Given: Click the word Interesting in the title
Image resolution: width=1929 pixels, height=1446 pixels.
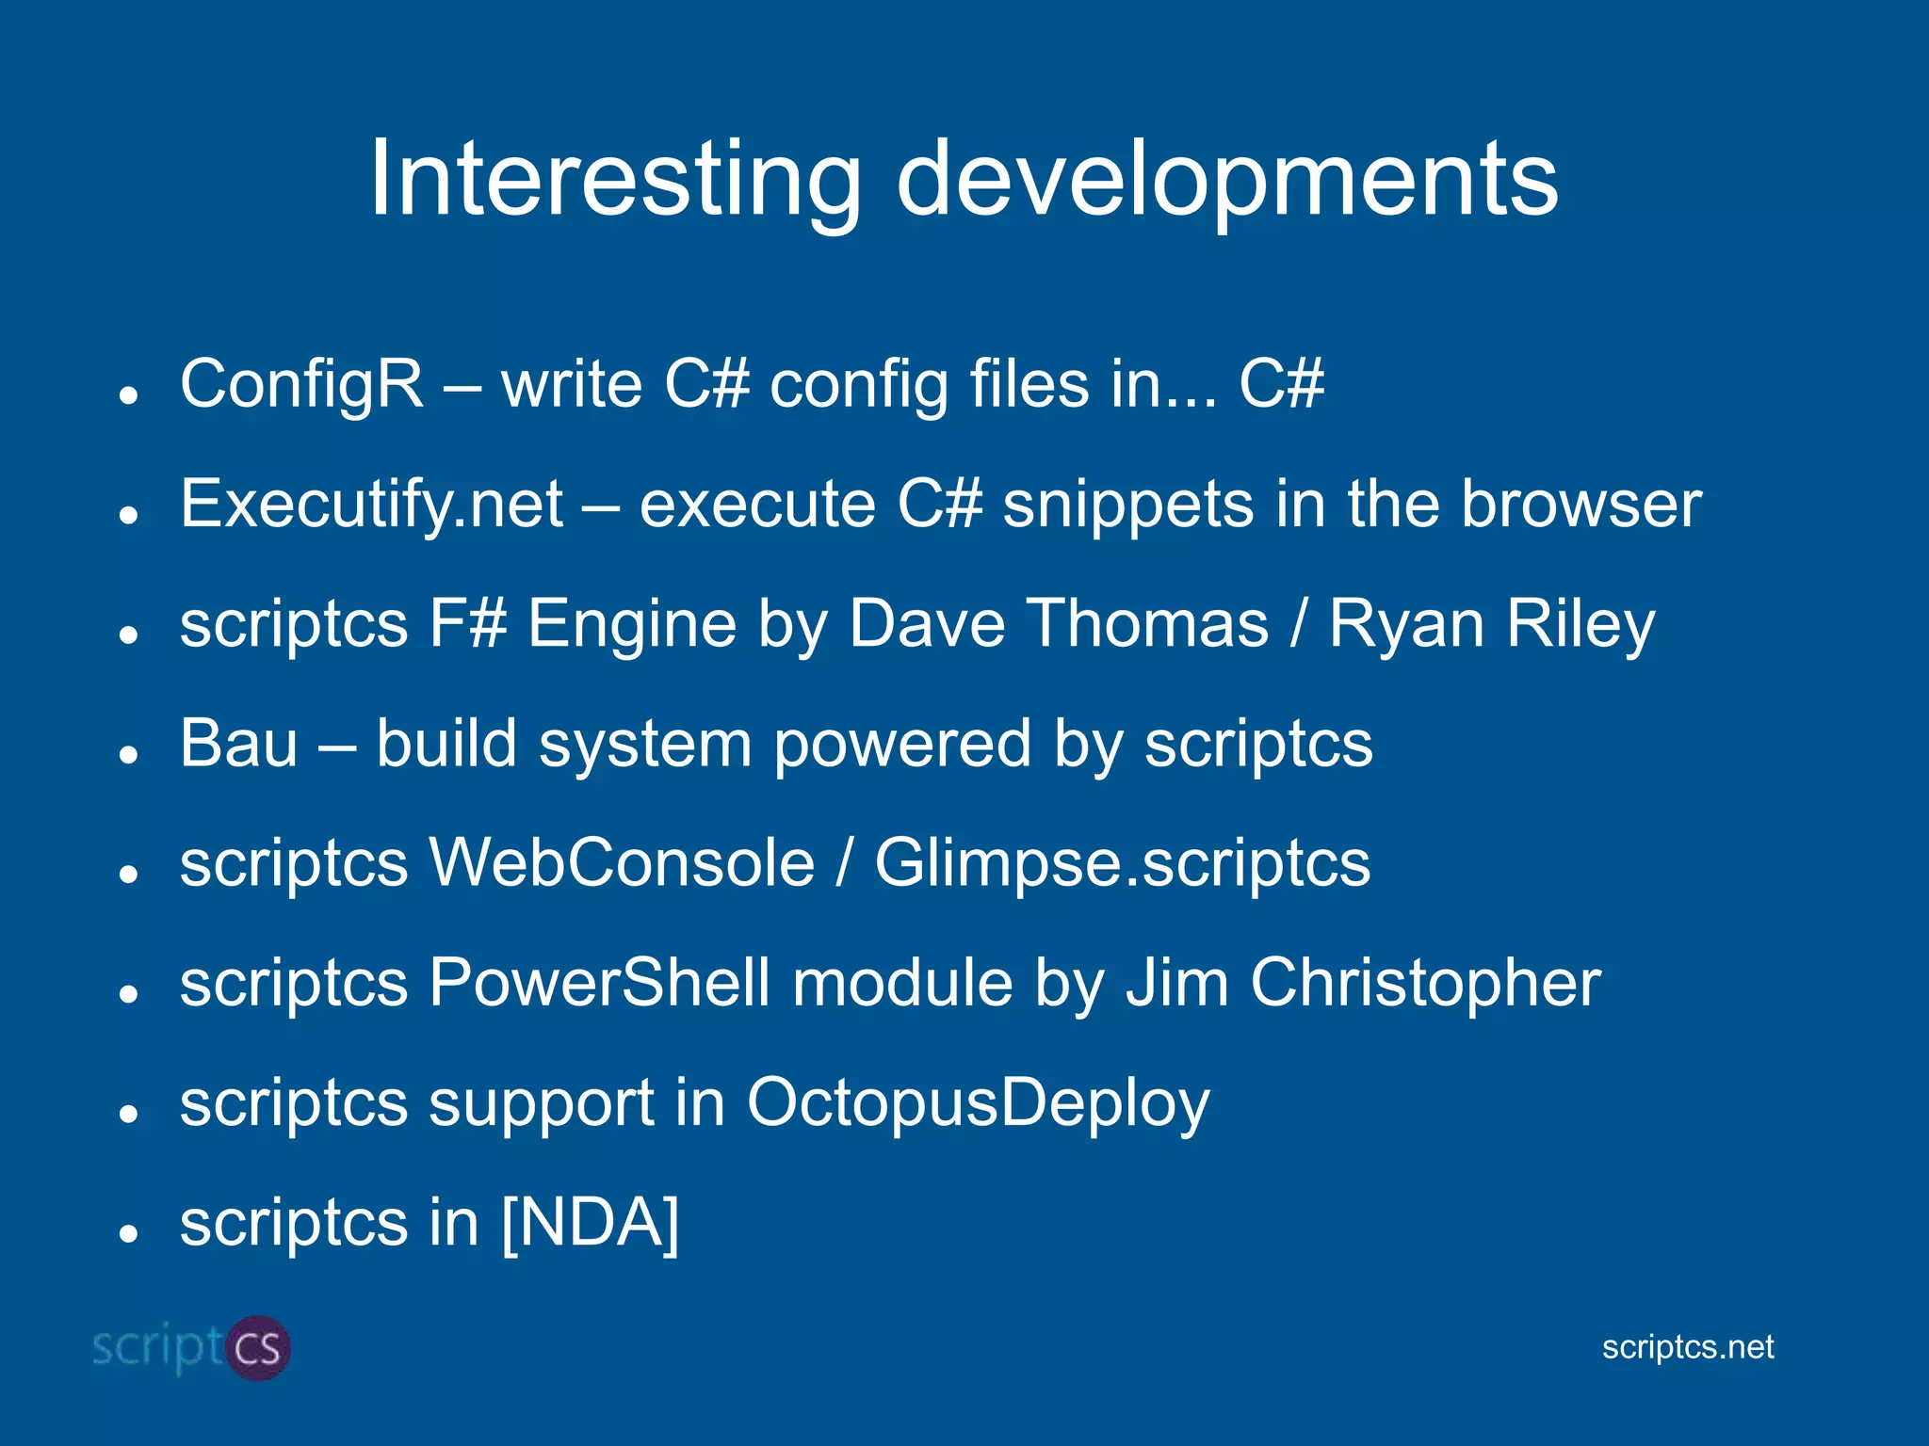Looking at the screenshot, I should tap(614, 179).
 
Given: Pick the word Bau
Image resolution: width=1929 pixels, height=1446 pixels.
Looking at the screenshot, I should tap(238, 744).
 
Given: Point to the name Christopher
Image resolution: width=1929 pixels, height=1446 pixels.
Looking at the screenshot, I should tap(1425, 983).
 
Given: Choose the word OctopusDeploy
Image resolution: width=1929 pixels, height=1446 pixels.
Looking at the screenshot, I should tap(978, 1103).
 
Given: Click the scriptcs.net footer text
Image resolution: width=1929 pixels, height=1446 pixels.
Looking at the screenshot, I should tap(1687, 1347).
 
